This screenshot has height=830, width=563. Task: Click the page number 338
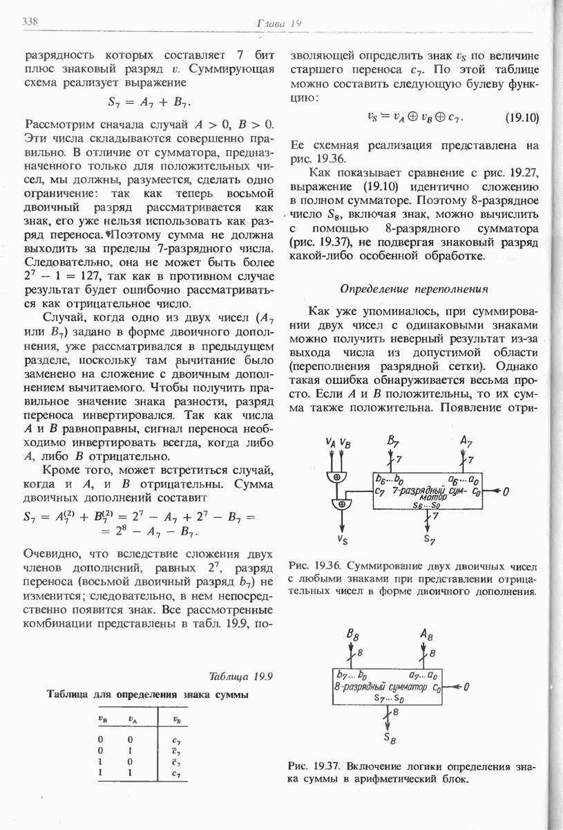coord(30,21)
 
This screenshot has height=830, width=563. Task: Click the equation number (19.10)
coord(522,118)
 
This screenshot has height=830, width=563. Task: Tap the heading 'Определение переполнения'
coord(415,288)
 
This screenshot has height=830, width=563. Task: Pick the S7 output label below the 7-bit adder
coord(430,538)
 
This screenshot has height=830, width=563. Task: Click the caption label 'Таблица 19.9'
coord(237,676)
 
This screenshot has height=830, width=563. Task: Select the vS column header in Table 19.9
coord(177,719)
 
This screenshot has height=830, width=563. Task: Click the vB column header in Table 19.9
coord(102,719)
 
